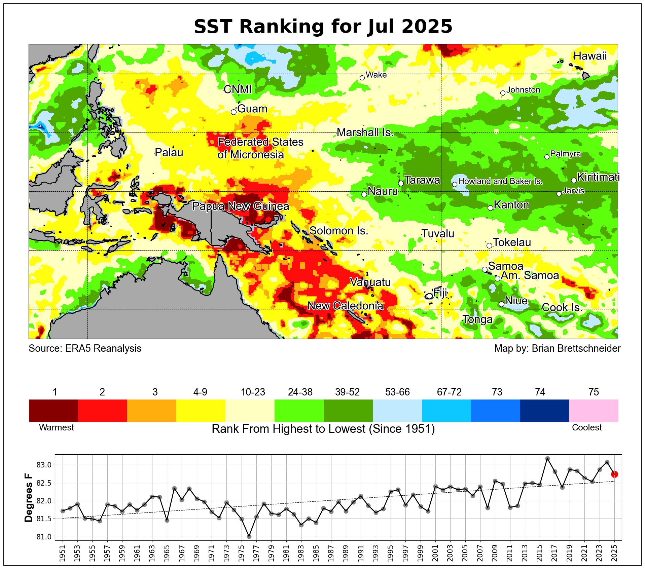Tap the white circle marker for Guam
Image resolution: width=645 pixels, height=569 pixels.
[x=234, y=112]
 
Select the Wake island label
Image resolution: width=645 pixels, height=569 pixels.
[x=376, y=75]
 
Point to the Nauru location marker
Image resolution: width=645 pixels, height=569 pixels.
[x=364, y=194]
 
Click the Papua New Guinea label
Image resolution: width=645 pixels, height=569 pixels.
[x=241, y=206]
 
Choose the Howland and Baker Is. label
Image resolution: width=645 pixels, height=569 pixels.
[x=500, y=181]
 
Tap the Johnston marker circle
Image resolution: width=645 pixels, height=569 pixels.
[x=503, y=93]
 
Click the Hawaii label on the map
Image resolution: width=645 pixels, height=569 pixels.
[x=590, y=56]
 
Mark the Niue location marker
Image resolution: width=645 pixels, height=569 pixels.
[x=501, y=304]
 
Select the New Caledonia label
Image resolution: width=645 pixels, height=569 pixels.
[x=345, y=306]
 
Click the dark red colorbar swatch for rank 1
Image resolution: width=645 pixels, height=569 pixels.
[x=53, y=410]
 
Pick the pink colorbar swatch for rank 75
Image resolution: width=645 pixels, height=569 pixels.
[x=594, y=410]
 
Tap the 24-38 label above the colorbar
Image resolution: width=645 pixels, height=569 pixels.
[x=300, y=392]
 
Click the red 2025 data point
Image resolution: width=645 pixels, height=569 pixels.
[x=614, y=474]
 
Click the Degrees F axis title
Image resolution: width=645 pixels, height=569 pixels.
[x=29, y=498]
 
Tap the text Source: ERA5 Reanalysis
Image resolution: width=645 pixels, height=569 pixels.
[x=85, y=348]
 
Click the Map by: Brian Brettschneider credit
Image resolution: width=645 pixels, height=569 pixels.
[x=557, y=348]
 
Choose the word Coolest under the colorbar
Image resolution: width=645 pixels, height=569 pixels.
[x=587, y=427]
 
